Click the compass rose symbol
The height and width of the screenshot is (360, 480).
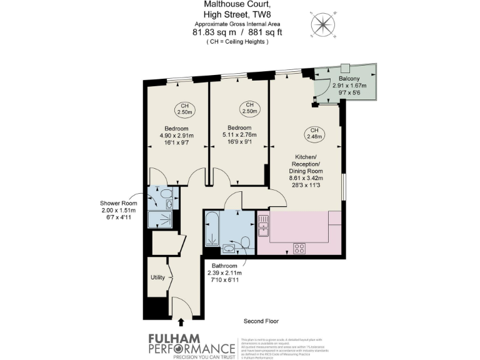322,25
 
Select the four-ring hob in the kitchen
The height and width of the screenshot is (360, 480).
299,247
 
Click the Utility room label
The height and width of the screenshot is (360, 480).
157,277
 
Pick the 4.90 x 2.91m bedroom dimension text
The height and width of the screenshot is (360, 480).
176,136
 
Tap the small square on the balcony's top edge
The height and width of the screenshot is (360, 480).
345,67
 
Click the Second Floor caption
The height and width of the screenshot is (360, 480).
261,321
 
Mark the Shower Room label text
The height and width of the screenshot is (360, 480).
118,203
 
